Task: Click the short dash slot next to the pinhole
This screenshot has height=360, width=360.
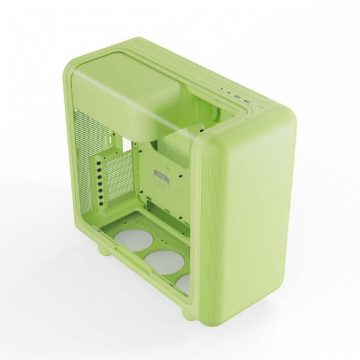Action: coord(228,92)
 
